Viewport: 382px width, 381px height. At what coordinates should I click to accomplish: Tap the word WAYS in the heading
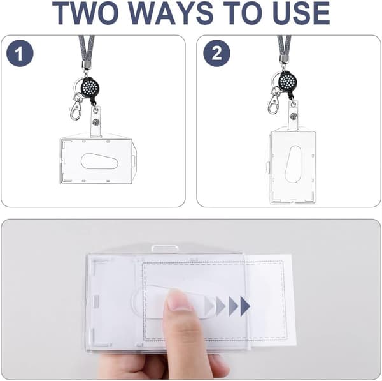171,13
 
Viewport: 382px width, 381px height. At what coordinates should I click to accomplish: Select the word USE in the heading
297,13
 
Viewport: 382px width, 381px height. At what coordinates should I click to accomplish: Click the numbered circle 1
20,53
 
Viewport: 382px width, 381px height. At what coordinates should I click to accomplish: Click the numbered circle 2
217,53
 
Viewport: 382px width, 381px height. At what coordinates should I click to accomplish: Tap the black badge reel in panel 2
288,81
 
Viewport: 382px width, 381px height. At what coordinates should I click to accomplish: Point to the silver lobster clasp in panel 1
76,107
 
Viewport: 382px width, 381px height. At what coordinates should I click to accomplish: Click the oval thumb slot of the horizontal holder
99,161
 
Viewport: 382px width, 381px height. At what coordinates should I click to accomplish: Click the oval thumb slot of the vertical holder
293,164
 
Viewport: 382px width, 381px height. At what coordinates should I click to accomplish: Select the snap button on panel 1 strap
95,122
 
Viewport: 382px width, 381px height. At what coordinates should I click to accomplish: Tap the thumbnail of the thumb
180,299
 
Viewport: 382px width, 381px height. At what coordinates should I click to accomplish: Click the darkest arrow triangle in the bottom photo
245,306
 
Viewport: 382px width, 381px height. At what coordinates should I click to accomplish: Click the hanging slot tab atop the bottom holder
166,249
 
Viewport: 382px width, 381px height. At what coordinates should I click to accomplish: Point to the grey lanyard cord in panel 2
284,47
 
